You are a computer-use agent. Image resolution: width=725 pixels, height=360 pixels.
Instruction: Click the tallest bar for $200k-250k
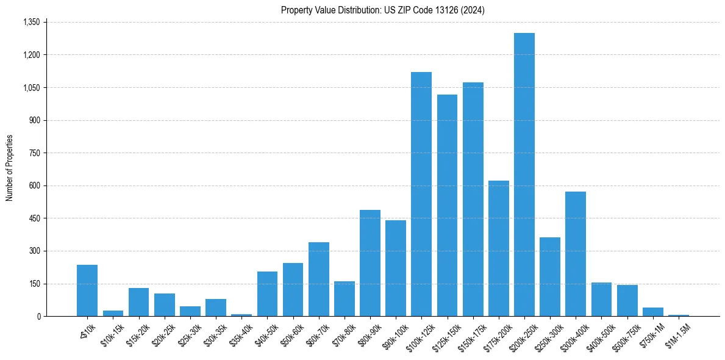click(x=524, y=175)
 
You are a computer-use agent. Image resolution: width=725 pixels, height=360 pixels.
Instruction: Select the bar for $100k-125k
click(x=421, y=194)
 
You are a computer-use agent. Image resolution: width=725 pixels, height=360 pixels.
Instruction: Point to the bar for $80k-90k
click(x=370, y=263)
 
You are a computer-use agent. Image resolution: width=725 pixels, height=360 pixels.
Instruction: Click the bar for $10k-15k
click(x=113, y=313)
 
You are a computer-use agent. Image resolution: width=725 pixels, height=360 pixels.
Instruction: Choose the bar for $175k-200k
click(x=498, y=248)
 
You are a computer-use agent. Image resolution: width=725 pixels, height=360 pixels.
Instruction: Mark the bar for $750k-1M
click(x=652, y=312)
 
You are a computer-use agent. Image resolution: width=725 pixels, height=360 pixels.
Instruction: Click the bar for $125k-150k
click(x=447, y=206)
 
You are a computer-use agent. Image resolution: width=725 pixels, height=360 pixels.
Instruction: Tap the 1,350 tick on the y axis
click(x=31, y=22)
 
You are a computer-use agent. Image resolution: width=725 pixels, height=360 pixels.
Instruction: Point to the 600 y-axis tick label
click(x=34, y=185)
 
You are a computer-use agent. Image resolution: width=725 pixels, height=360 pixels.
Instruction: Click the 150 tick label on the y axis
click(x=34, y=284)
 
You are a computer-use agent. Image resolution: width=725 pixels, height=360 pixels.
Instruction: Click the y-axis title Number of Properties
click(x=9, y=168)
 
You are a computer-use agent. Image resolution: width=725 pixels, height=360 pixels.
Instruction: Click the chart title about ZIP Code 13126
click(x=382, y=10)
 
